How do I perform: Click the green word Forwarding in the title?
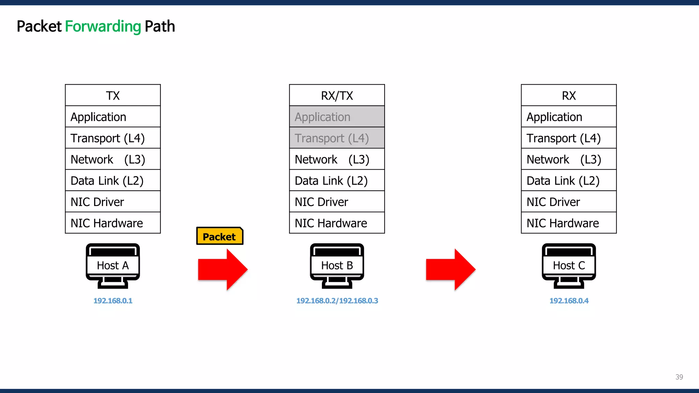(x=103, y=27)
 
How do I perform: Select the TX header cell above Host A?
(x=113, y=96)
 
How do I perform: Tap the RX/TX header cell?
(x=337, y=96)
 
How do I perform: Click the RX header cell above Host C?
(x=569, y=96)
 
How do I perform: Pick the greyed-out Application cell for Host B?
(x=337, y=117)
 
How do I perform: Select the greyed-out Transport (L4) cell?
(x=337, y=138)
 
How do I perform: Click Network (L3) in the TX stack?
(x=113, y=159)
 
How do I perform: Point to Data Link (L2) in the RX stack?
(x=569, y=181)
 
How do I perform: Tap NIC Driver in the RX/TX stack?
(x=337, y=202)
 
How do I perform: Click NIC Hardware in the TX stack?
(x=113, y=223)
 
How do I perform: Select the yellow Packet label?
(x=219, y=236)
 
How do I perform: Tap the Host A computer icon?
(x=113, y=266)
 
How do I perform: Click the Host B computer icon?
(x=337, y=266)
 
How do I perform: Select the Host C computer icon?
(x=569, y=266)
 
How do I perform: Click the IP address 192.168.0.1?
(x=113, y=301)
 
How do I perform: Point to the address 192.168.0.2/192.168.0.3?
(x=337, y=301)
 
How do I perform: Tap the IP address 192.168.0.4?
(x=569, y=301)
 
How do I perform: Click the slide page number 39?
(x=679, y=377)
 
